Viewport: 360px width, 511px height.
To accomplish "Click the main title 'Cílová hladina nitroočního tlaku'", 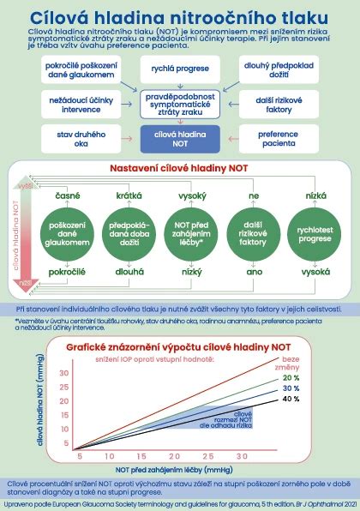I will [x=179, y=16].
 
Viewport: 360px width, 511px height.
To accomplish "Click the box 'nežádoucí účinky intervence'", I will [x=71, y=104].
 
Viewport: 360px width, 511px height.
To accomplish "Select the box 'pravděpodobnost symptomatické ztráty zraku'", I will [x=179, y=104].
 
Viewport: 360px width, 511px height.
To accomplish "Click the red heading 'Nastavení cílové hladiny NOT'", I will [x=179, y=167].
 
